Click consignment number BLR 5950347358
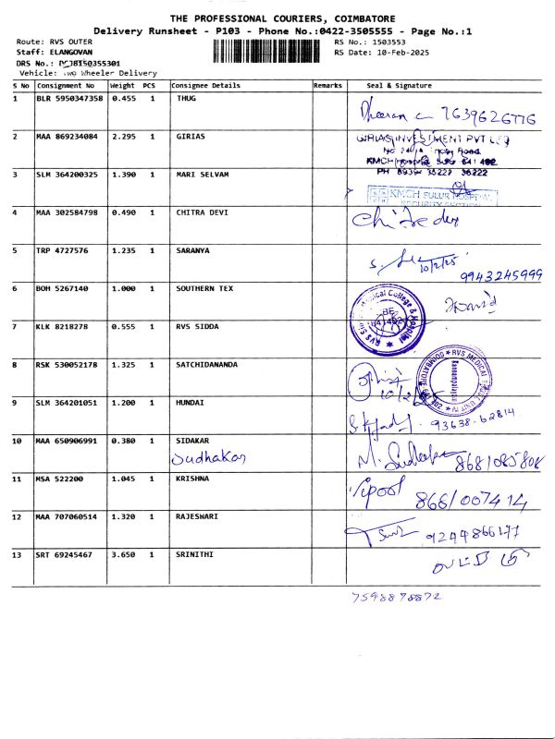tap(69, 98)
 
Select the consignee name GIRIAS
tap(191, 136)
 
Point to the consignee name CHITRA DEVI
tap(202, 212)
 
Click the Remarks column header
tap(327, 85)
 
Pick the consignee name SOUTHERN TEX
tap(204, 288)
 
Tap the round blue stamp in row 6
tap(382, 318)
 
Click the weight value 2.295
tap(123, 136)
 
